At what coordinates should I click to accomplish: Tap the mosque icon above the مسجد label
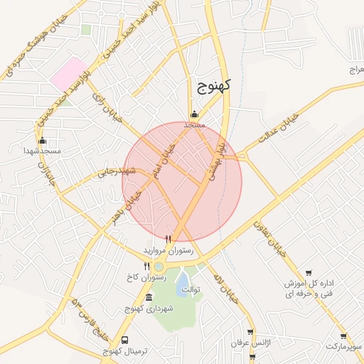point(194,114)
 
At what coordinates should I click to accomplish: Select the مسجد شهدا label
point(41,151)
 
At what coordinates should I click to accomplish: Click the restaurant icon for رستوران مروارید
point(168,239)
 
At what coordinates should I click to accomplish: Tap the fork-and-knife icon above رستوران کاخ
point(146,266)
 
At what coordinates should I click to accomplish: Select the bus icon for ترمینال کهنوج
point(125,341)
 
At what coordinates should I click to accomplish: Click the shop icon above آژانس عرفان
point(251,332)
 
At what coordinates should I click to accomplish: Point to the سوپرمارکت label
point(344,346)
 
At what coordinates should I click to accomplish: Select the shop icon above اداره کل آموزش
point(308,272)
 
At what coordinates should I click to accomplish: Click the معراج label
point(355,69)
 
